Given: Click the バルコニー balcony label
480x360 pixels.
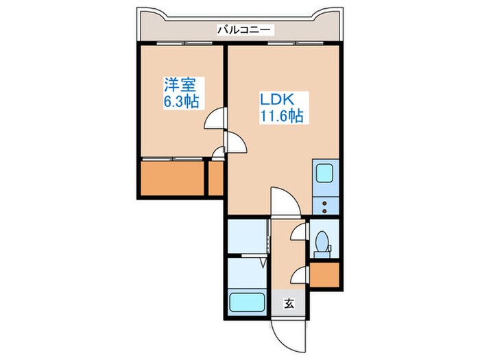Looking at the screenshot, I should click(x=245, y=29).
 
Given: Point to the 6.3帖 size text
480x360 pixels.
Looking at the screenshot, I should click(x=181, y=103).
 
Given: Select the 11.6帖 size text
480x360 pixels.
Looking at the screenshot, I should click(x=280, y=117).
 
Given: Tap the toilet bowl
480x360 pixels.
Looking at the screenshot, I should click(x=321, y=243).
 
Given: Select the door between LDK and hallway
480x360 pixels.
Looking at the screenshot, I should click(x=283, y=202).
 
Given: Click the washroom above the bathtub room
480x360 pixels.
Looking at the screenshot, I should click(x=247, y=237).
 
